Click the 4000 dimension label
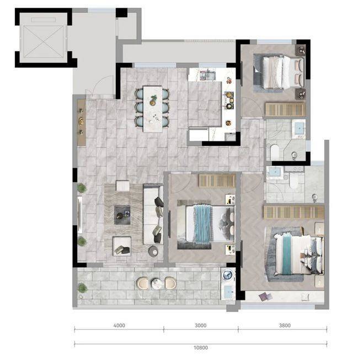coord(119,325)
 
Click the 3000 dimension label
coord(201,325)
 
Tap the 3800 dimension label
coord(285,325)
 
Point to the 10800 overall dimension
coord(201,348)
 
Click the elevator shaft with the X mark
coord(44,41)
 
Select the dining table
coord(153,109)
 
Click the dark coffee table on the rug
coord(122,215)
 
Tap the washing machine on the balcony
coord(228,275)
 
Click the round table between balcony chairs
coord(157,284)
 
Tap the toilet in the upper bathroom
coord(275,151)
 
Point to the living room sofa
coord(153,214)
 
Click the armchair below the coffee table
coord(122,246)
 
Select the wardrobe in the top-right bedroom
coord(285,109)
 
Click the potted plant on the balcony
coord(82,288)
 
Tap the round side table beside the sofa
coord(153,251)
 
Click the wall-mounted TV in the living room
coord(79,215)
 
